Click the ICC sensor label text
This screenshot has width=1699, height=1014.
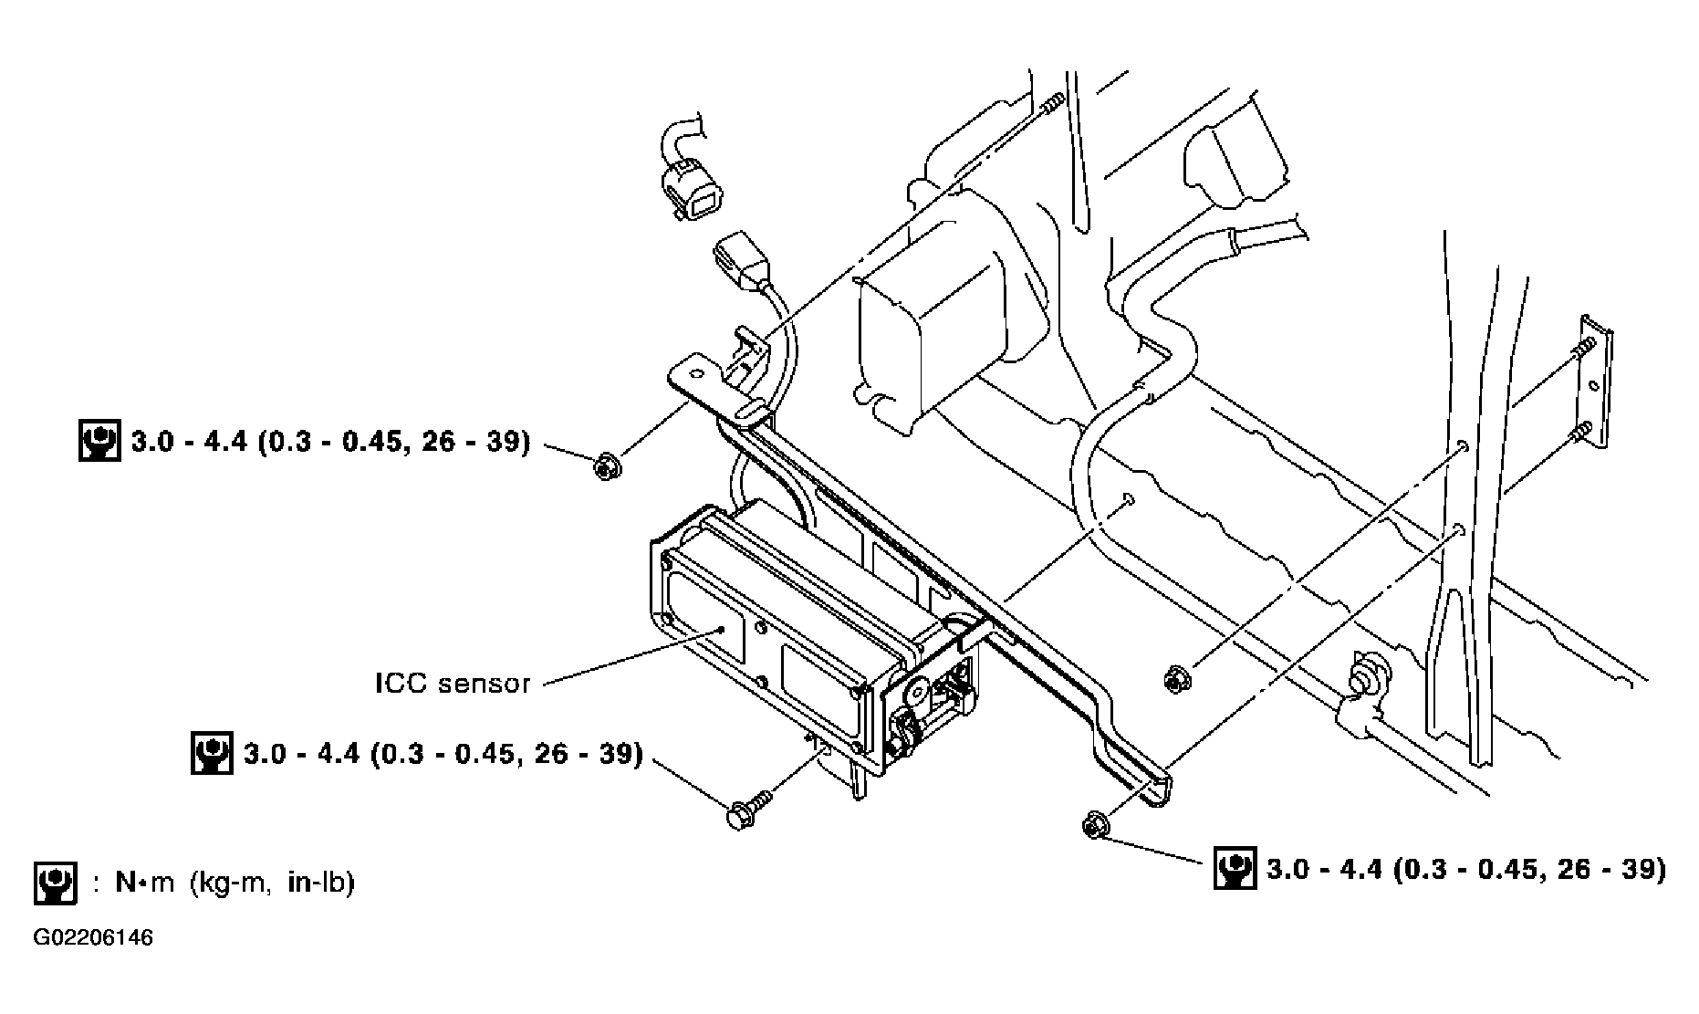click(x=453, y=684)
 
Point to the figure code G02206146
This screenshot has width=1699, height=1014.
click(x=93, y=937)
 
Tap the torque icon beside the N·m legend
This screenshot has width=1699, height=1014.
click(x=55, y=883)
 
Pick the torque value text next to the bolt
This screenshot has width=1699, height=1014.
click(x=443, y=754)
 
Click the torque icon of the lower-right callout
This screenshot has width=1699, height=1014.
click(x=1235, y=868)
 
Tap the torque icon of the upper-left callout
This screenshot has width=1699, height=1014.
click(x=99, y=442)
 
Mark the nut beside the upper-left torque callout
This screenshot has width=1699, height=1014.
click(x=606, y=467)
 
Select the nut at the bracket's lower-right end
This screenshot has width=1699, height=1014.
click(x=1095, y=824)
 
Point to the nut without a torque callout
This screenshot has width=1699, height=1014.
click(x=1175, y=679)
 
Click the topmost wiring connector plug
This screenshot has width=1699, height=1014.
click(x=690, y=186)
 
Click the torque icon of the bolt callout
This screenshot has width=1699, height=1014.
click(x=212, y=754)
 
